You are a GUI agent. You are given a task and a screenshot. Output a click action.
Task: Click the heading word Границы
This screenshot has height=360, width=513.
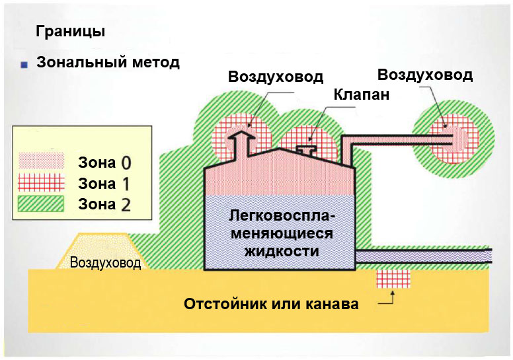click(x=71, y=32)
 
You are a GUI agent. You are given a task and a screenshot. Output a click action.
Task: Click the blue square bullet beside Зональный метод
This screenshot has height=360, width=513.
click(x=24, y=65)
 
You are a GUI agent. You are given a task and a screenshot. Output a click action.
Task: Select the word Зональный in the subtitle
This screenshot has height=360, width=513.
click(x=81, y=62)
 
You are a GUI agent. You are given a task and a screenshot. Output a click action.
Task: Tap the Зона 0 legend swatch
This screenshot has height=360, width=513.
click(x=41, y=162)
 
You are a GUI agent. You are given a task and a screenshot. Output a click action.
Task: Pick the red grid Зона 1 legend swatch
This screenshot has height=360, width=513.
click(x=41, y=182)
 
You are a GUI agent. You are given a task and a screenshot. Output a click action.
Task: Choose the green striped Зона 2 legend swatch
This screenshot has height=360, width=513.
click(x=41, y=203)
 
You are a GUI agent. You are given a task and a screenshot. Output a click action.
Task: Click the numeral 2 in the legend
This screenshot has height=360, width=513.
click(x=126, y=205)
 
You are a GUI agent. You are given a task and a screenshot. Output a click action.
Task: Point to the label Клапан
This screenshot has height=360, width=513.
click(x=362, y=94)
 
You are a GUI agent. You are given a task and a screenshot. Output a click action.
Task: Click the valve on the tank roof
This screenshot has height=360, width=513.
click(x=307, y=149)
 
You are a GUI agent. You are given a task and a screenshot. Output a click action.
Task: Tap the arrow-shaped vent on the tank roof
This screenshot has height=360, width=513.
click(x=241, y=145)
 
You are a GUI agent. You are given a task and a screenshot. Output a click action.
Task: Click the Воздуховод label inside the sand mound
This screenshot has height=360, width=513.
click(x=105, y=262)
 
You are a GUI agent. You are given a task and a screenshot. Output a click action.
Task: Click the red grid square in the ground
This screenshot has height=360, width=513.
click(x=393, y=279)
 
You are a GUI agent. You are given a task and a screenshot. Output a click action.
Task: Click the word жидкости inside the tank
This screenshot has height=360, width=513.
click(x=282, y=252)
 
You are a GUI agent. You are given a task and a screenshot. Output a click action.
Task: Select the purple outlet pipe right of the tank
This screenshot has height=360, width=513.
click(x=424, y=256)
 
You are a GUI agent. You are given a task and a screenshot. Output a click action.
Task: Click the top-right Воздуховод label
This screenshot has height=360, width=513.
click(x=425, y=75)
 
